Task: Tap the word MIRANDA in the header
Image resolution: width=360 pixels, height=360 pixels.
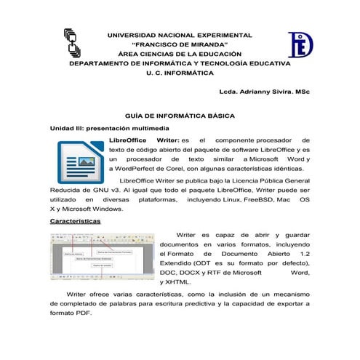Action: click(201, 44)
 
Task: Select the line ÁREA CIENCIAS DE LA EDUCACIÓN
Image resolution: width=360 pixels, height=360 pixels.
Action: click(179, 54)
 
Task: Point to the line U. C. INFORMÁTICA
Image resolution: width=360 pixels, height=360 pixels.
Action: click(179, 73)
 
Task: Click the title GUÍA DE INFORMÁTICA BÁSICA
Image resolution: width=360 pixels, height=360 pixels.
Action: click(179, 116)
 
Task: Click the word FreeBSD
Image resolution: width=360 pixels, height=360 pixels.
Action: click(260, 199)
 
